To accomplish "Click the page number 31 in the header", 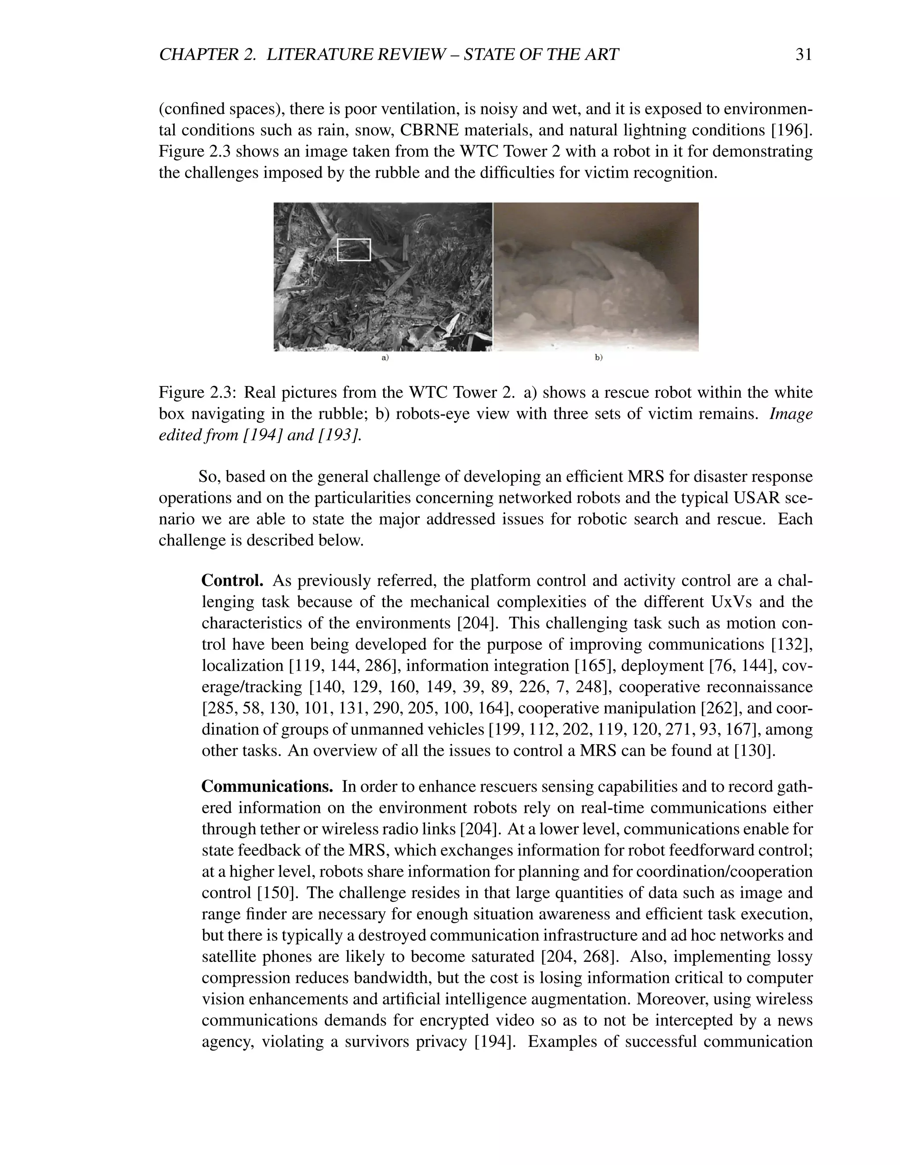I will pyautogui.click(x=803, y=55).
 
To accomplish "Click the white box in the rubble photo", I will pyautogui.click(x=354, y=250).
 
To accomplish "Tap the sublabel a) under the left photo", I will pyautogui.click(x=385, y=358).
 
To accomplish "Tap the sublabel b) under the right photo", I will pyautogui.click(x=598, y=358).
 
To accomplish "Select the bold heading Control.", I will pyautogui.click(x=232, y=580).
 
